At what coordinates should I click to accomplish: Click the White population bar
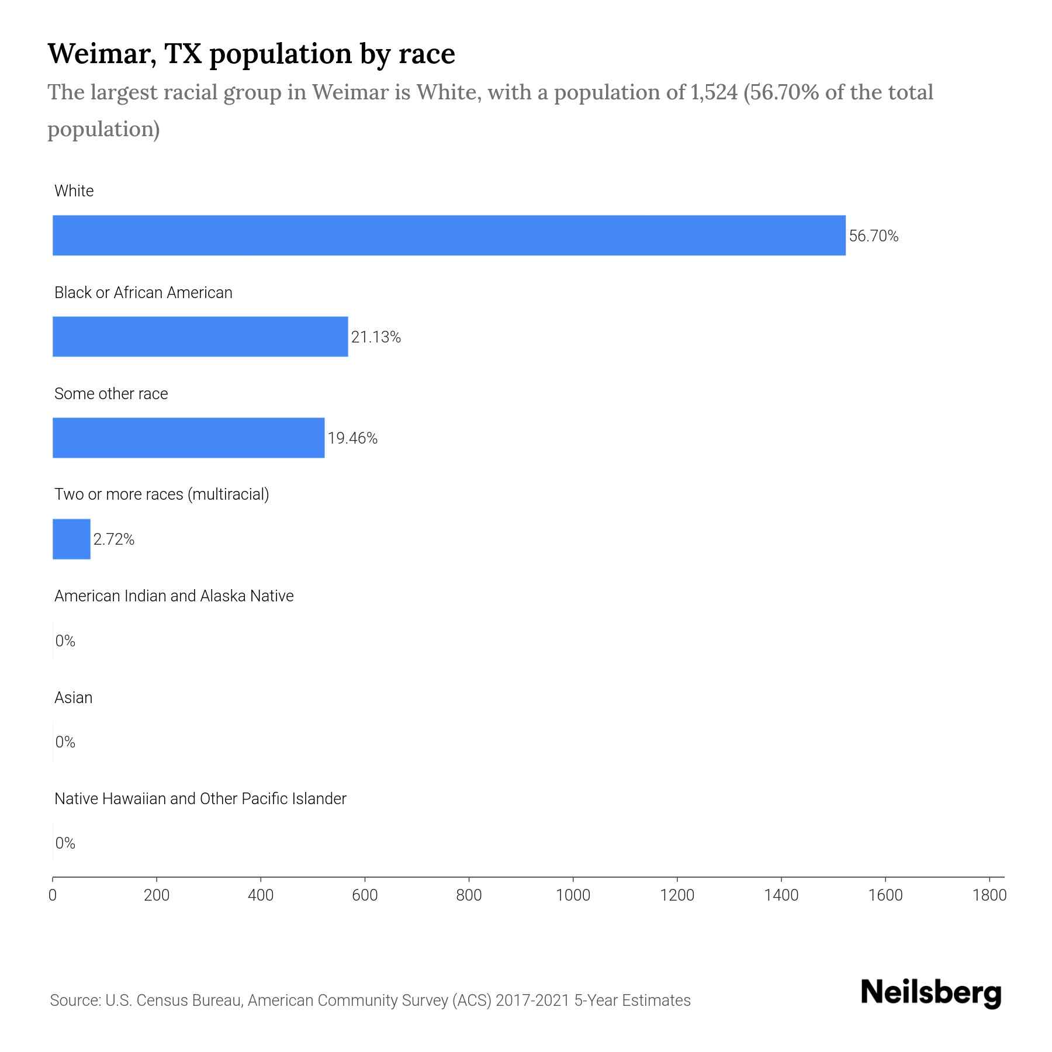(x=449, y=235)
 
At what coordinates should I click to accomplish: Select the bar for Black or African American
(x=200, y=337)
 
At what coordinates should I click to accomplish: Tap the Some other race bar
(x=188, y=438)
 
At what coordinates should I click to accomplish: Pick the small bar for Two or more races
(x=71, y=539)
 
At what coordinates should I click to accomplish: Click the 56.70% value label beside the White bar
(x=873, y=236)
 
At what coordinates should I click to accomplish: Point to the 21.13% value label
(x=376, y=337)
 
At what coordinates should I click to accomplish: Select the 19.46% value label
(x=352, y=438)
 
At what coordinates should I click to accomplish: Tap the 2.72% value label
(x=114, y=539)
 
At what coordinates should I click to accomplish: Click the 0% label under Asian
(x=65, y=742)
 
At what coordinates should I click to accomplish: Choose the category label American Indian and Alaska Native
(x=174, y=596)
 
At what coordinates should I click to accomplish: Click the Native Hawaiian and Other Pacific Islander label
(x=200, y=799)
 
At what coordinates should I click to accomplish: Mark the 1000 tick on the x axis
(x=573, y=895)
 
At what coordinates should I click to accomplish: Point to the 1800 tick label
(x=989, y=895)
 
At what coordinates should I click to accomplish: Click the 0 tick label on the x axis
(x=53, y=895)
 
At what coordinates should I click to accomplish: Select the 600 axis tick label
(x=365, y=895)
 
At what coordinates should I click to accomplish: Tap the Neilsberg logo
(x=931, y=993)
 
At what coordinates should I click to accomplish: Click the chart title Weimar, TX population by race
(x=251, y=54)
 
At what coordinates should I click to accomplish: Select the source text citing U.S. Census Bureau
(x=370, y=1001)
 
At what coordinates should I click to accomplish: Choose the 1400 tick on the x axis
(x=781, y=895)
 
